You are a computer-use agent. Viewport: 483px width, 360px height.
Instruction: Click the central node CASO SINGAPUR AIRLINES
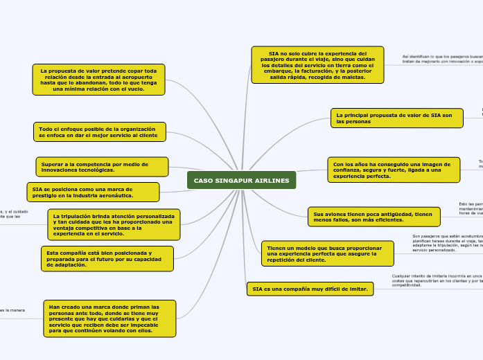pyautogui.click(x=241, y=180)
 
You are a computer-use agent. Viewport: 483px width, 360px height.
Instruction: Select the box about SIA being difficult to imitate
pyautogui.click(x=310, y=289)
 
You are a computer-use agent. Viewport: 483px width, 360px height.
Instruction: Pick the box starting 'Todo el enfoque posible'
pyautogui.click(x=100, y=132)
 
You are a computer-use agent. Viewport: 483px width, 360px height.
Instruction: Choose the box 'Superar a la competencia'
pyautogui.click(x=102, y=166)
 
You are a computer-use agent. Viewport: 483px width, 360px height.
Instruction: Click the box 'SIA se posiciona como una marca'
pyautogui.click(x=93, y=192)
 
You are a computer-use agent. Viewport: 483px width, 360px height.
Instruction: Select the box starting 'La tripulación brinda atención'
pyautogui.click(x=114, y=225)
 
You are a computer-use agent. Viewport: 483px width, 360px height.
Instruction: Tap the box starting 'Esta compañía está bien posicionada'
pyautogui.click(x=107, y=258)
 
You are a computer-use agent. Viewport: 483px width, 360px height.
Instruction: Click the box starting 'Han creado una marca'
pyautogui.click(x=109, y=318)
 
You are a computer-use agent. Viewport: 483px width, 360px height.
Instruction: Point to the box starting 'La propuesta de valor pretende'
pyautogui.click(x=98, y=80)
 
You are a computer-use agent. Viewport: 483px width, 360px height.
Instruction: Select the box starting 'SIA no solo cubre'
pyautogui.click(x=317, y=64)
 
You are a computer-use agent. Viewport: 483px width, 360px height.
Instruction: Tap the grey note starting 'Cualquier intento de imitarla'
pyautogui.click(x=436, y=280)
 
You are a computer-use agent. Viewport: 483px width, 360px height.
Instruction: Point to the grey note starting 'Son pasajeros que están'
pyautogui.click(x=446, y=242)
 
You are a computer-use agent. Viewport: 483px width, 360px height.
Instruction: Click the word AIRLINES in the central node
pyautogui.click(x=271, y=180)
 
